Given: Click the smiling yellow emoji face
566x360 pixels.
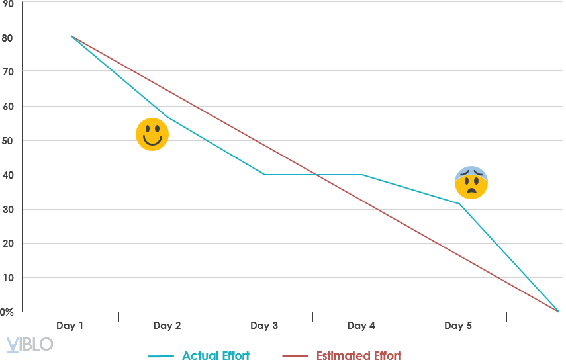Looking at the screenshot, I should click(152, 134).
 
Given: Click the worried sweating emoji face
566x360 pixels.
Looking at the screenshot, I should click(471, 183).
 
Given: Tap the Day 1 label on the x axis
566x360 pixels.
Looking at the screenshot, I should click(70, 326).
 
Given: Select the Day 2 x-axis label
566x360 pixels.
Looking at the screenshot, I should click(167, 326).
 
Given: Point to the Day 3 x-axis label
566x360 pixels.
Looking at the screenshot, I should click(264, 326).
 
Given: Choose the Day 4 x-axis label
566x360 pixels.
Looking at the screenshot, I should click(361, 326).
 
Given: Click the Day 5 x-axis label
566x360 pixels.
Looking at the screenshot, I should click(458, 326).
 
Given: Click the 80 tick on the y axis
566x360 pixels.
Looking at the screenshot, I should click(8, 37).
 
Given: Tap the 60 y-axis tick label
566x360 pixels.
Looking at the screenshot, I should click(8, 106).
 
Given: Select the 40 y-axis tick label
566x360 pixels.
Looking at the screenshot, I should click(8, 175).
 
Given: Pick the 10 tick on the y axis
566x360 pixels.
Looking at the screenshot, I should click(8, 278).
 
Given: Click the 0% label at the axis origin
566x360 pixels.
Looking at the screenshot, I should click(7, 312).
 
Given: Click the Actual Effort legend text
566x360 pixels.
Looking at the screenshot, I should click(216, 356).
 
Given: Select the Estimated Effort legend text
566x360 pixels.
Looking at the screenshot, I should click(358, 356).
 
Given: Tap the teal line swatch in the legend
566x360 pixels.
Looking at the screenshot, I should click(162, 356).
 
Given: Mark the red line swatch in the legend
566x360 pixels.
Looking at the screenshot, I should click(295, 356).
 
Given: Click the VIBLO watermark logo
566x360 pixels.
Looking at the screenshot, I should click(29, 344).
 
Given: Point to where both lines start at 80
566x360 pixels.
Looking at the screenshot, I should click(71, 36).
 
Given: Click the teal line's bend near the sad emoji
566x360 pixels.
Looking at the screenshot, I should click(459, 204).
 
